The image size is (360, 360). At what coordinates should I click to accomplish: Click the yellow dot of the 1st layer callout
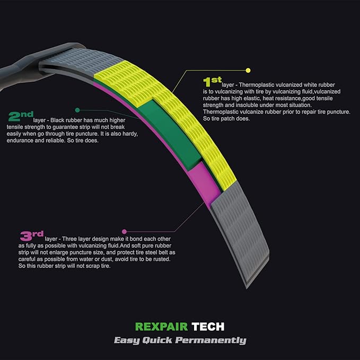(x=248, y=71)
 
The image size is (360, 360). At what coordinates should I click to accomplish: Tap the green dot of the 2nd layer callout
(x=77, y=110)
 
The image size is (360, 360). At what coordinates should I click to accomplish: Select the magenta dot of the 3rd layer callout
(x=125, y=231)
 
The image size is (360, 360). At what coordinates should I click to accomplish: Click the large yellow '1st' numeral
(x=212, y=82)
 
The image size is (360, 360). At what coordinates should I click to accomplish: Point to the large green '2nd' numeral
(x=21, y=116)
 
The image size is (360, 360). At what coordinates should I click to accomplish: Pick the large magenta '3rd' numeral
(x=32, y=235)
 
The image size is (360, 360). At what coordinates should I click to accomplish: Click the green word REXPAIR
(x=161, y=327)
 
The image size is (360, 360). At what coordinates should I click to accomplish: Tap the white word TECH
(x=208, y=327)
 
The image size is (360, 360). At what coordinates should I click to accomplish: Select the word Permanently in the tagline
(x=211, y=340)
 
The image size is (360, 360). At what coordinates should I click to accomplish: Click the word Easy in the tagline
(x=127, y=340)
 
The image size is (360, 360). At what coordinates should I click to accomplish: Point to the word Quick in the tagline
(x=157, y=340)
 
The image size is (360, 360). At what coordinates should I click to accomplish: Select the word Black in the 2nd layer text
(x=57, y=120)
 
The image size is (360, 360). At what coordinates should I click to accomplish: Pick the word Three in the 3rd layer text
(x=69, y=239)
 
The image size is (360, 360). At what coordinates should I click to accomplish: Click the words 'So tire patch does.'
(x=226, y=119)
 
